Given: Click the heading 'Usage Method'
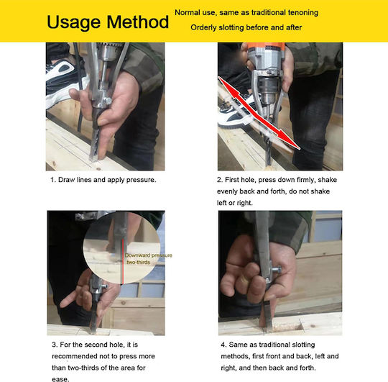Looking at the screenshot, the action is (x=108, y=22).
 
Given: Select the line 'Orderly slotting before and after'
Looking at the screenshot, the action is (x=246, y=27).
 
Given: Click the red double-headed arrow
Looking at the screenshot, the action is (x=259, y=113).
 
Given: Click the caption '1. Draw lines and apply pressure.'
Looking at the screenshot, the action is (x=103, y=180).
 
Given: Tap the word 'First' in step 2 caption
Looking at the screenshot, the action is (x=232, y=180).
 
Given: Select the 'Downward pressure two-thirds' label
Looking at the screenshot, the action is (x=149, y=259).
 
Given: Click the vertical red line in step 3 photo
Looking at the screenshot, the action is (x=123, y=261).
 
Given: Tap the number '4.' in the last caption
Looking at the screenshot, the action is (x=223, y=345).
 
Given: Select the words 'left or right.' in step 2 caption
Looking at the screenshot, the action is (x=235, y=203).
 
